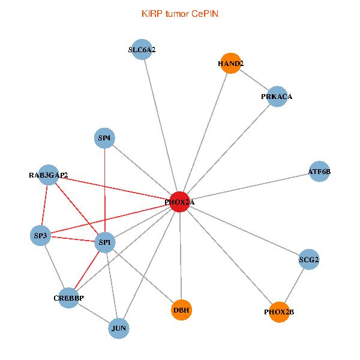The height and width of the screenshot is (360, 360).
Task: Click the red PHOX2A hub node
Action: point(180,203)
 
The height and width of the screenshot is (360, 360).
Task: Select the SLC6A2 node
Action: point(142,50)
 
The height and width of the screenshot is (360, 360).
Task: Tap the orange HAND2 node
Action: point(230,63)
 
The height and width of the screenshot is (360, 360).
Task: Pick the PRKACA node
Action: point(277,96)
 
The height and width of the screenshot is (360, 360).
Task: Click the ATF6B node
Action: point(319,172)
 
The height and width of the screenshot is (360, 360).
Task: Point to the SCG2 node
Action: point(309,260)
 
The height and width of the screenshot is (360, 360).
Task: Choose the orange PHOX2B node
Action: point(279,312)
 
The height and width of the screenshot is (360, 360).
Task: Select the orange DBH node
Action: point(181,310)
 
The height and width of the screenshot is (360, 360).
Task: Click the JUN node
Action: point(119,328)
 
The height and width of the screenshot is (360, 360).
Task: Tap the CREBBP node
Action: point(68,298)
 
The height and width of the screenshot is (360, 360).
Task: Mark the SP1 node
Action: point(105,242)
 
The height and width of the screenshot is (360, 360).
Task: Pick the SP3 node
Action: point(41,235)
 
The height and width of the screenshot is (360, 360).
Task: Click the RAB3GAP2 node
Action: point(49,175)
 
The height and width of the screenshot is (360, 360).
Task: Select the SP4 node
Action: point(105,138)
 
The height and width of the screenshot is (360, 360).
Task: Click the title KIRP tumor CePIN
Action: point(180,13)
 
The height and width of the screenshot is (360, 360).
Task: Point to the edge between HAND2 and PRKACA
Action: point(254,80)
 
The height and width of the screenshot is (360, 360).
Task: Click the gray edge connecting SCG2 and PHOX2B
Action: point(294,286)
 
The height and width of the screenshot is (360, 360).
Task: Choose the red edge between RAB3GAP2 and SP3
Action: point(45,205)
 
